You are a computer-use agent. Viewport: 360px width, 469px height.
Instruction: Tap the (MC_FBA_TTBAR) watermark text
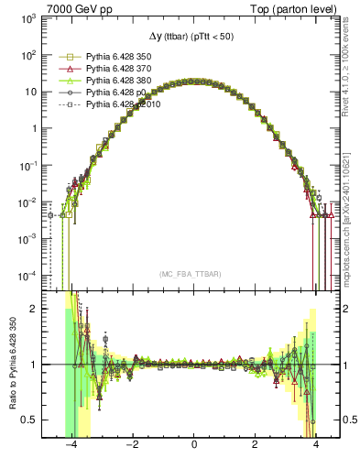coord(194,275)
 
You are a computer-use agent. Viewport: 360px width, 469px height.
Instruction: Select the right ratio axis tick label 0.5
coord(348,420)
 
